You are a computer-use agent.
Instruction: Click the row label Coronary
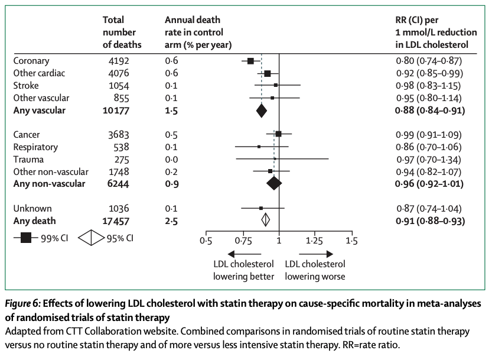[31, 61]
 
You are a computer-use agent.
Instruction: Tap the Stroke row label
[26, 86]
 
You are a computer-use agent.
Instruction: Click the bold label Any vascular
[40, 111]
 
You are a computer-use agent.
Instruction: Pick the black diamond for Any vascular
[262, 111]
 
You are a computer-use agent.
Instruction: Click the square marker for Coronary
[250, 61]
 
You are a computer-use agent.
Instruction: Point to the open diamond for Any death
[266, 220]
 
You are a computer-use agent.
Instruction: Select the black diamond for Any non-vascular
[274, 184]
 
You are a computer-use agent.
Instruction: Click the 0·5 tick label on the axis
[206, 241]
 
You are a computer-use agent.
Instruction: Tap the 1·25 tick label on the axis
[315, 241]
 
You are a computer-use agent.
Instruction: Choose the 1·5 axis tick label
[352, 241]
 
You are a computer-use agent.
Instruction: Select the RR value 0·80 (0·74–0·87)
[429, 61]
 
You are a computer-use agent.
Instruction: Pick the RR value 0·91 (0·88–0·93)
[429, 221]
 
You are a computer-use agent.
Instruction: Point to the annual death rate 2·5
[171, 221]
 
